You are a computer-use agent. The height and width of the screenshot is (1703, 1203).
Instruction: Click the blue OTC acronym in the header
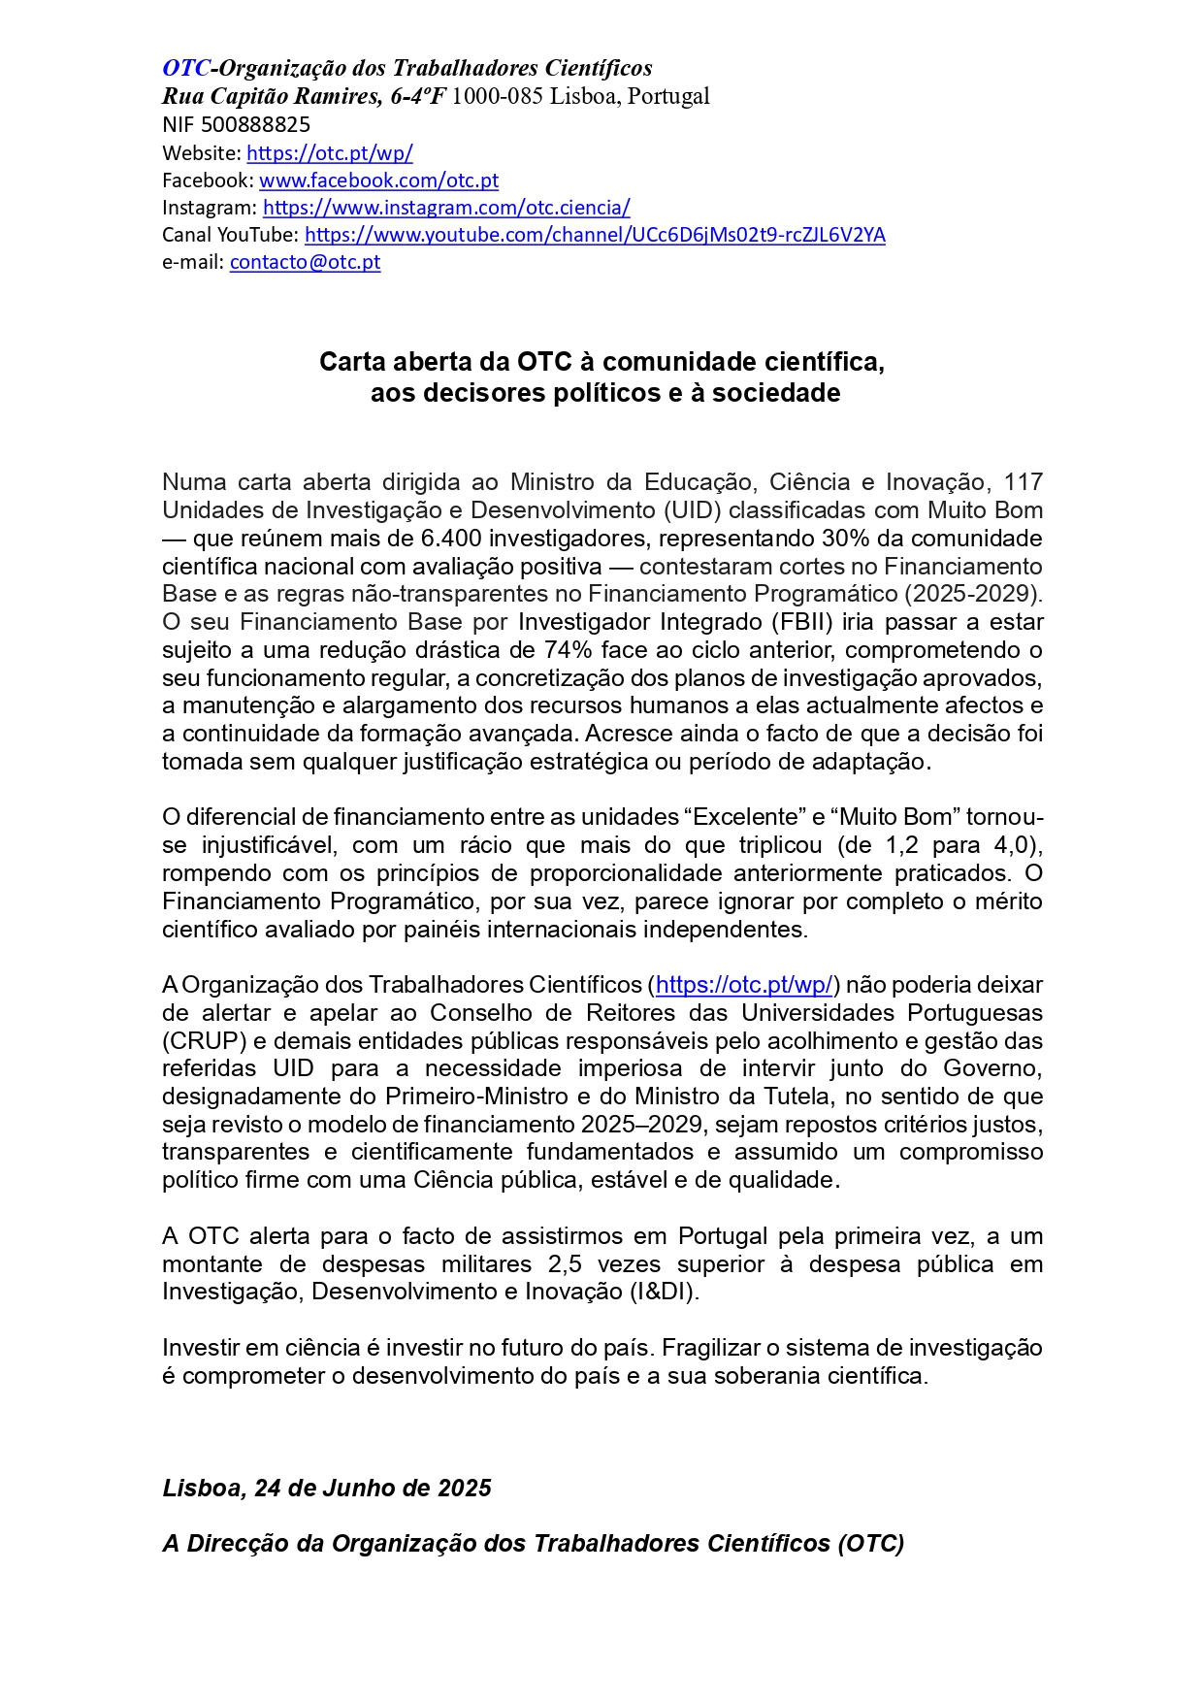tap(185, 68)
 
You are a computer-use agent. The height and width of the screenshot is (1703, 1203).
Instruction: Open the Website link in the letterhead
tap(330, 152)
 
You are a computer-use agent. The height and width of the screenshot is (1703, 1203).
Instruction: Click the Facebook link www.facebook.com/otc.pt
tap(378, 180)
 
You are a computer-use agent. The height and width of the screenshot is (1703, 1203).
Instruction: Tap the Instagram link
tap(446, 207)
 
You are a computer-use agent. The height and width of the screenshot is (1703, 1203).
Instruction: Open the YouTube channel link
tap(595, 234)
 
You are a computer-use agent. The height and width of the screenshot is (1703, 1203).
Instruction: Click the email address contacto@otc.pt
tap(305, 261)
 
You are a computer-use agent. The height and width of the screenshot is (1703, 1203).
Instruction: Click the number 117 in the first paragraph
tap(1023, 482)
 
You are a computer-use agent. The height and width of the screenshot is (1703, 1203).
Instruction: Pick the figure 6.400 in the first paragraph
tap(450, 539)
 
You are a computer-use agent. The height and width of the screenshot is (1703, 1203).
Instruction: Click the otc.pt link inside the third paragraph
tap(744, 985)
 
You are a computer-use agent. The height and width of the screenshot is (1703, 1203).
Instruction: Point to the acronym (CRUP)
tap(202, 1041)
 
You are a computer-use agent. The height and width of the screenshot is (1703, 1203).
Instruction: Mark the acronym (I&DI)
tap(665, 1292)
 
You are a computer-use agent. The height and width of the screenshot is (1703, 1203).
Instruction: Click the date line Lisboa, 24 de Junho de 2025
tap(327, 1488)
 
